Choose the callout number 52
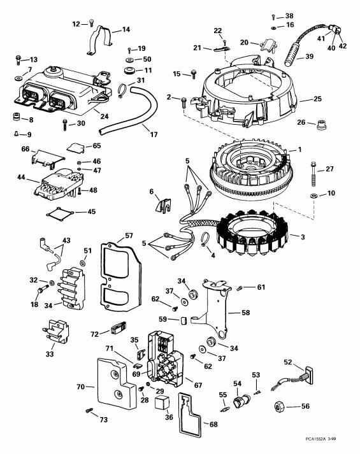287,362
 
